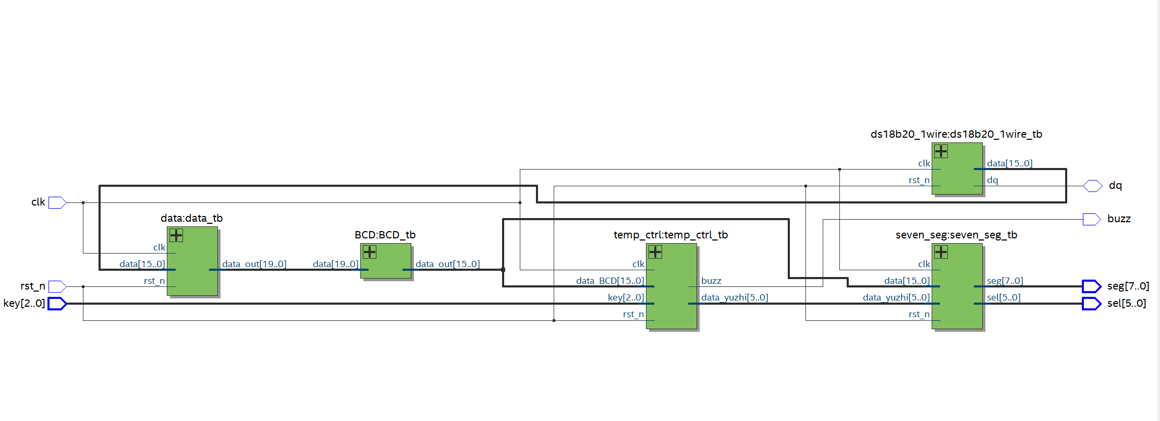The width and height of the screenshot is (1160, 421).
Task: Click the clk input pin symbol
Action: coord(57,202)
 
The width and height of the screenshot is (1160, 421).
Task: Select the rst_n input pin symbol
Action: coord(57,286)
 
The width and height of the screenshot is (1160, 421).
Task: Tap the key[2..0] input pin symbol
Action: coord(57,304)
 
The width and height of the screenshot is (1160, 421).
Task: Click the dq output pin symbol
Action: coord(1092,186)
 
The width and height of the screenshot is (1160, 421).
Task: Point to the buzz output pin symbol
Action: coord(1092,219)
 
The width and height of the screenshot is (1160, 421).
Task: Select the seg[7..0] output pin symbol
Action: coord(1091,286)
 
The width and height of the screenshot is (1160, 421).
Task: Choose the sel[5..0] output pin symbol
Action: coord(1091,304)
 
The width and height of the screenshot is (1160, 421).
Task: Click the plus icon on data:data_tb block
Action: coord(176,235)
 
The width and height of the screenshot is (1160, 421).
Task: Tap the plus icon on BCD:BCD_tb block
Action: coord(370,252)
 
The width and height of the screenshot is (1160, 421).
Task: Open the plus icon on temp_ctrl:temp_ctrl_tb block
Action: coord(655,252)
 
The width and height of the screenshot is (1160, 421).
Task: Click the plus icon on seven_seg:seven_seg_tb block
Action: coord(941,252)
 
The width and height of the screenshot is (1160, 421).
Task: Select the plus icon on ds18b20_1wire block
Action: coord(941,151)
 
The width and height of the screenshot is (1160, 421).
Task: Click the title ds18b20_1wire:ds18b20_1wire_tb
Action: coord(956,134)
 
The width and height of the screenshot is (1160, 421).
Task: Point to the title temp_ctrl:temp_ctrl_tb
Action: coord(670,235)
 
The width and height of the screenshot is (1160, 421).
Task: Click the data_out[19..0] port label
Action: coord(254,264)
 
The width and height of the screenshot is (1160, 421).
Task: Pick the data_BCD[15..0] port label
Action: coord(610,281)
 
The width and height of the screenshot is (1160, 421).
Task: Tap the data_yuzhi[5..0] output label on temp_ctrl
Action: coord(735,297)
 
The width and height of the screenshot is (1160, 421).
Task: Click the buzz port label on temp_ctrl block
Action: coord(711,281)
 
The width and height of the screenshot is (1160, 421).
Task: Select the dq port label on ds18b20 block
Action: coord(993,181)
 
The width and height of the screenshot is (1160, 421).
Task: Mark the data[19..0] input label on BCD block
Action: coord(336,264)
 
